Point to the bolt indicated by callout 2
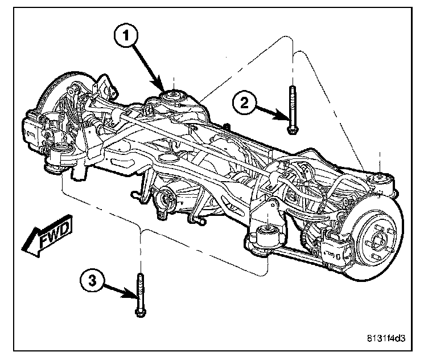click(x=291, y=111)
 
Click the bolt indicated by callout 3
click(x=139, y=294)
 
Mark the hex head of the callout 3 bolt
click(x=139, y=312)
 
